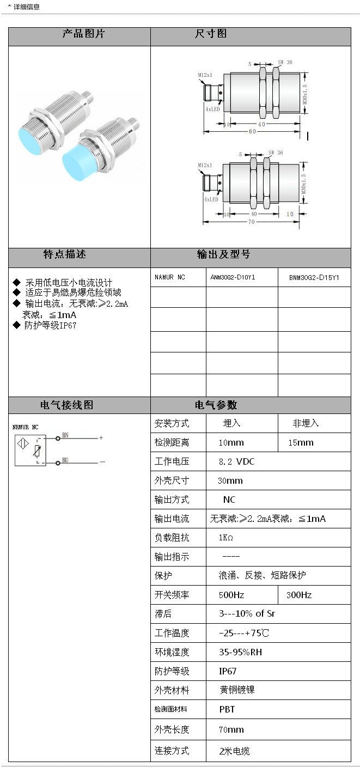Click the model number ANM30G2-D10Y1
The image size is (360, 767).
[x=233, y=277]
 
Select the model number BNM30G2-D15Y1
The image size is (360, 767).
[x=314, y=277]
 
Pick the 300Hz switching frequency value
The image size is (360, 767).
[x=299, y=595]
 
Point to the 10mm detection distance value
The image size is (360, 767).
[x=231, y=442]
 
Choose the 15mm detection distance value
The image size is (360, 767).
[x=301, y=442]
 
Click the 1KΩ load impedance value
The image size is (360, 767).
[x=226, y=538]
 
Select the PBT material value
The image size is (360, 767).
[x=227, y=709]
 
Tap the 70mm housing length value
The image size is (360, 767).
[x=231, y=729]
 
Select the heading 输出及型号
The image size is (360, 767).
[x=223, y=254]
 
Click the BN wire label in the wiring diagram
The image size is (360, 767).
[x=65, y=435]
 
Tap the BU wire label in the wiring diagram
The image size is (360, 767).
[x=65, y=460]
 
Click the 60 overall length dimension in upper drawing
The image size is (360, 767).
[x=253, y=131]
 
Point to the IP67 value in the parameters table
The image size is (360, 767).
[x=228, y=671]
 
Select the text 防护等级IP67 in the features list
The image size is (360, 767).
[x=50, y=325]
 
